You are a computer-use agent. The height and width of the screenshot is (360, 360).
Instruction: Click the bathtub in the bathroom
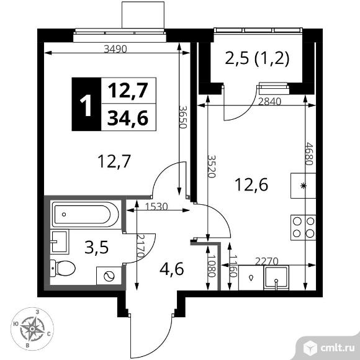(x=86, y=214)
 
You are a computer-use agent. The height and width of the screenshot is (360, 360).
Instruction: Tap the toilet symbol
(x=63, y=268)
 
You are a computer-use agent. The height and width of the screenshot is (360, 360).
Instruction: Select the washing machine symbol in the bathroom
(x=109, y=276)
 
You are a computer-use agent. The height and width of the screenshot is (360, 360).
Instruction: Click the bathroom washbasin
(x=60, y=241)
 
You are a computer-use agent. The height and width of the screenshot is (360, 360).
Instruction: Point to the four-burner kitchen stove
(x=304, y=228)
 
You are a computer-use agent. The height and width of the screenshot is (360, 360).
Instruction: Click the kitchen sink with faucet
(x=276, y=277)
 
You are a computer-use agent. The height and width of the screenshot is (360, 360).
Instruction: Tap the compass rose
(x=32, y=329)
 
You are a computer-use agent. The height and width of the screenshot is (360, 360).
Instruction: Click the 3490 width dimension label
(x=115, y=49)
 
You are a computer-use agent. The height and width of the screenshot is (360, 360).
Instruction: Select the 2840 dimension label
(x=269, y=101)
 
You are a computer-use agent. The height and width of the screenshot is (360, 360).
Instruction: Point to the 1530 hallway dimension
(x=156, y=207)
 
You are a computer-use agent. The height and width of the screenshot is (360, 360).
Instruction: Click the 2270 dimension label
(x=267, y=261)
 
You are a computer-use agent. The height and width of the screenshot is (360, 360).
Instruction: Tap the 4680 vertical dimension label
(x=309, y=154)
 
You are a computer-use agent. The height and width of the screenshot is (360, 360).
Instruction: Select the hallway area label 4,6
(x=172, y=269)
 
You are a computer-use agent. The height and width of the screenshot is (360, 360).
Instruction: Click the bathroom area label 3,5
(x=96, y=247)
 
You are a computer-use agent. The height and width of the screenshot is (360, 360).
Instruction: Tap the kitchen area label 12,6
(x=251, y=185)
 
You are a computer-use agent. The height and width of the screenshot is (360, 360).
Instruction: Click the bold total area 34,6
(x=128, y=118)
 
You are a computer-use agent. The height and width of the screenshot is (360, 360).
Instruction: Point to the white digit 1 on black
(x=86, y=106)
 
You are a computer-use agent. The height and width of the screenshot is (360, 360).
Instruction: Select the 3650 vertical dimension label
(x=183, y=117)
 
